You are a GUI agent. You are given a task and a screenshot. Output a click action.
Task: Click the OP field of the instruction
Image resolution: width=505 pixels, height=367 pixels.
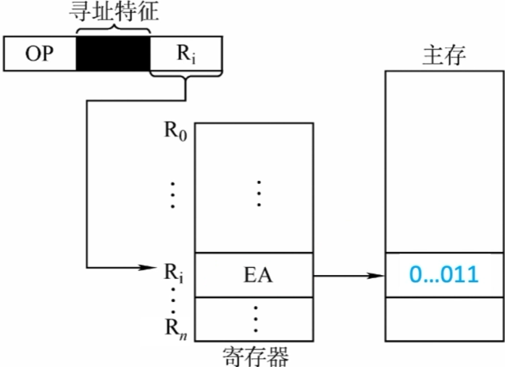41,54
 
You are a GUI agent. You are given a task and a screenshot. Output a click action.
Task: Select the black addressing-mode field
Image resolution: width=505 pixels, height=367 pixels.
112,54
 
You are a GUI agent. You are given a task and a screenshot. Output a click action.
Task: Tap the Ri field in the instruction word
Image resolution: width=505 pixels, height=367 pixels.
185,54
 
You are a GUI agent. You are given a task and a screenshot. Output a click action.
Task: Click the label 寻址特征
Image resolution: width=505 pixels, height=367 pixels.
112,12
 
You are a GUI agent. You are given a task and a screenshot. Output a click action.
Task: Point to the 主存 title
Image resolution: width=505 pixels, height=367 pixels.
443,56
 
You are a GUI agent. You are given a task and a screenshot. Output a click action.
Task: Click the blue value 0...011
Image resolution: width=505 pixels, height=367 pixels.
443,276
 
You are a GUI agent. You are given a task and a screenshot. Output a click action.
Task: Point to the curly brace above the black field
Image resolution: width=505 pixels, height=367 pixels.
112,28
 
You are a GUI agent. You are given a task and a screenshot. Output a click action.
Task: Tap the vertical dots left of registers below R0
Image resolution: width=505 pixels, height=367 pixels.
172,194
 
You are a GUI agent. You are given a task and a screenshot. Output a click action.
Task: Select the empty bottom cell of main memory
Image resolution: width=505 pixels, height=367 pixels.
443,319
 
